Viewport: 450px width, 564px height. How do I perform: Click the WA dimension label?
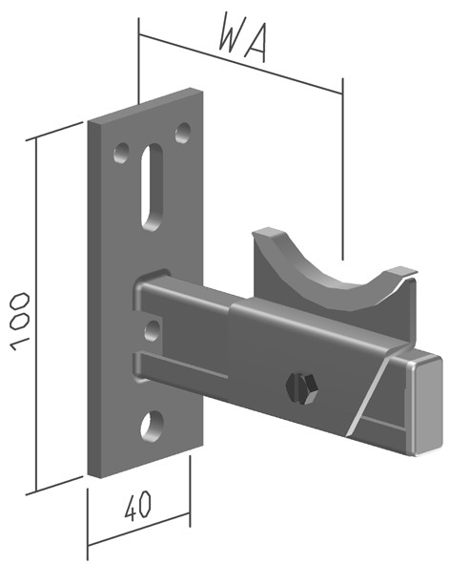coord(243,38)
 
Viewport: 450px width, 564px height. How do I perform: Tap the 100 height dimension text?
coord(19,322)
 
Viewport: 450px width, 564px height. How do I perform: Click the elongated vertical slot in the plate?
coord(152,187)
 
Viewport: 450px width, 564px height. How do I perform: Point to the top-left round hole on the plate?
coord(121,153)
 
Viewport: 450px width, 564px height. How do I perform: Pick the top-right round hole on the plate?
coord(183,133)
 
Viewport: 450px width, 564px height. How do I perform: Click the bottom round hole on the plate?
coord(152,426)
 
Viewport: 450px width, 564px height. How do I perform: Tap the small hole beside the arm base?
coord(152,330)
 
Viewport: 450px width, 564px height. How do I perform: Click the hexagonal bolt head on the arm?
coord(301,387)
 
